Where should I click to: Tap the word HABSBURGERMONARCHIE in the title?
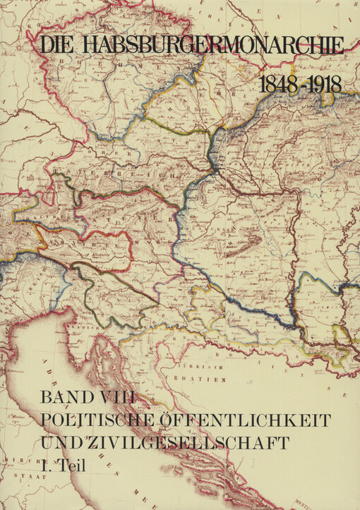(x=212, y=46)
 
